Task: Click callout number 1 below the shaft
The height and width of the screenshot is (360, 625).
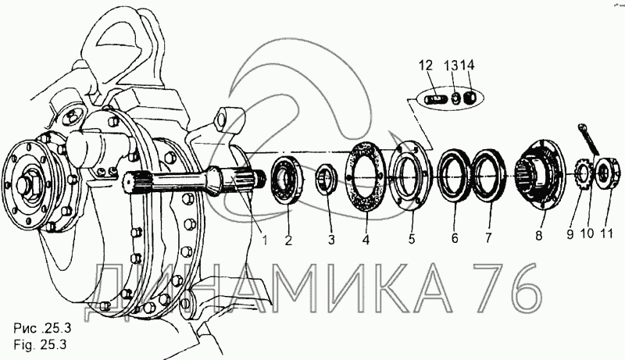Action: click(264, 241)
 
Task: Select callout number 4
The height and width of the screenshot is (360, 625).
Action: click(366, 240)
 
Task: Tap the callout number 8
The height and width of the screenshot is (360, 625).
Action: click(539, 236)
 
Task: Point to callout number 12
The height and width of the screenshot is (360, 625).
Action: click(426, 66)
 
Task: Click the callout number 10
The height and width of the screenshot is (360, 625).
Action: click(587, 233)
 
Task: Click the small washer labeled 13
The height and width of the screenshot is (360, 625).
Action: click(455, 98)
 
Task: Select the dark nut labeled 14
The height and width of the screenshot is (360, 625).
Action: click(470, 97)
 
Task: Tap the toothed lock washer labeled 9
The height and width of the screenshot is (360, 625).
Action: click(583, 173)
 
